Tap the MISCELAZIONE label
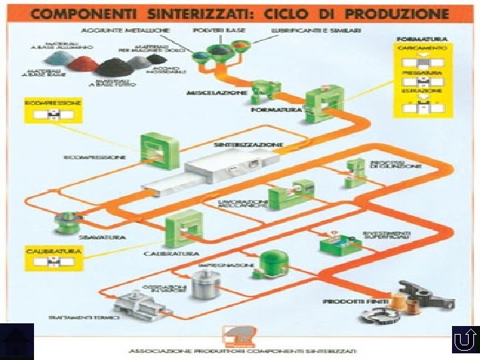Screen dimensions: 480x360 click(227, 92)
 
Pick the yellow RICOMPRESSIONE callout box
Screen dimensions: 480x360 click(52, 111)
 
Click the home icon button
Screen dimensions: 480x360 click(17, 341)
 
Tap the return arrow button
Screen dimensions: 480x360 click(463, 341)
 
